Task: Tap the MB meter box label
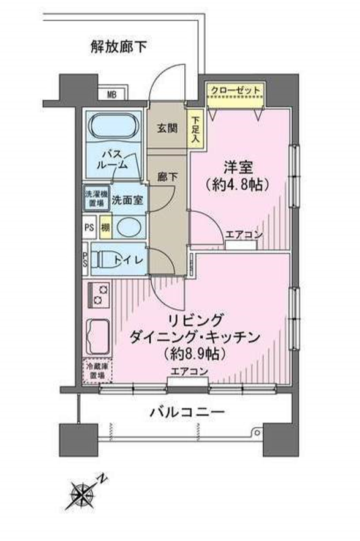coord(112,94)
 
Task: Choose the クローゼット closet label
coord(236,91)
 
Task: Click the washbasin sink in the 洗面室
coord(129,228)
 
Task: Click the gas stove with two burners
coord(99,294)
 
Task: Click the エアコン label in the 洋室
coord(244,235)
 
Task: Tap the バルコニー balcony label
coord(186,412)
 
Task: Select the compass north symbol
coord(82,492)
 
